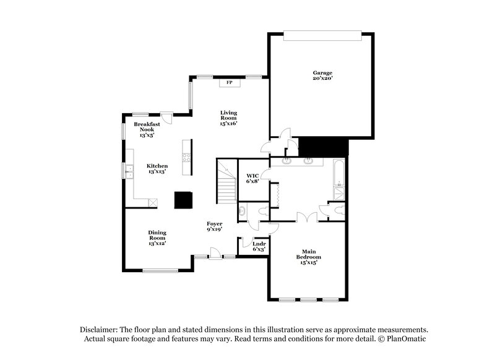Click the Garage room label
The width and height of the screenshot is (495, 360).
[322, 76]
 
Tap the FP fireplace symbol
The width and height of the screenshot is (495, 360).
[229, 82]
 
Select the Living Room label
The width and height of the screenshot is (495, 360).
[229, 118]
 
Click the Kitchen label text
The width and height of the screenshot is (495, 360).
[157, 168]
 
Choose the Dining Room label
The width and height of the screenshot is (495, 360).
[157, 238]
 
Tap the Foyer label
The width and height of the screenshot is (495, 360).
[215, 226]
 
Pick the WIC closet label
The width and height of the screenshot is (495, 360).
[252, 178]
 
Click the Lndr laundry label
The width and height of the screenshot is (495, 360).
[259, 246]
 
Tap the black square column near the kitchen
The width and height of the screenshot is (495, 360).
[183, 200]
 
